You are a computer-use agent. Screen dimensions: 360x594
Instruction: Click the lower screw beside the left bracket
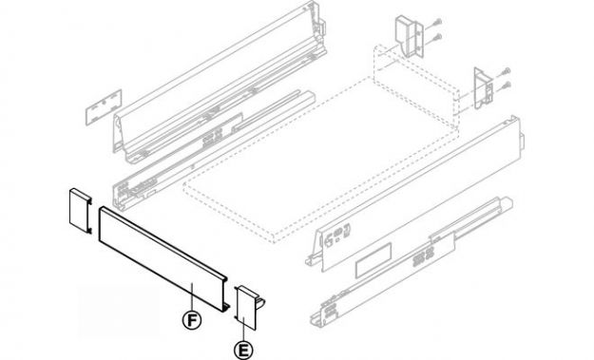[x=437, y=36]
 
